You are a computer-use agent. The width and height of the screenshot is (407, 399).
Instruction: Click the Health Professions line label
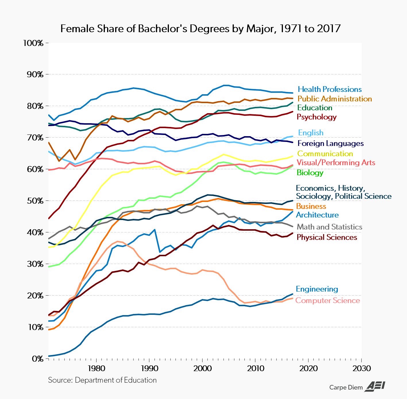click(329, 89)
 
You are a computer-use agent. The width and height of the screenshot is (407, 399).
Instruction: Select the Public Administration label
click(335, 99)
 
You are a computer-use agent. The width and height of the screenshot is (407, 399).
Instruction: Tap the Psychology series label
click(317, 117)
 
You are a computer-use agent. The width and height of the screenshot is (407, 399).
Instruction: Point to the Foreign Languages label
click(331, 143)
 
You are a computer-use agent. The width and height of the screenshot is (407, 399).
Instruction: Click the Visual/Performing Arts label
click(336, 163)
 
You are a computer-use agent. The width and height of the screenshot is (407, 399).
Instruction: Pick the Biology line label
click(310, 173)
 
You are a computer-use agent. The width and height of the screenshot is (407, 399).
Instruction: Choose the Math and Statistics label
click(329, 227)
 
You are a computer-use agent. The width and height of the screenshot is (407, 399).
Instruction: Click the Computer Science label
click(327, 300)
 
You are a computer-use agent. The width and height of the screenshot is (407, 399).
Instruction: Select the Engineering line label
click(317, 289)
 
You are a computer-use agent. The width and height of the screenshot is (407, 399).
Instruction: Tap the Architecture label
click(317, 215)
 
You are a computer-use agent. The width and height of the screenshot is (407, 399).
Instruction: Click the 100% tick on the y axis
click(33, 43)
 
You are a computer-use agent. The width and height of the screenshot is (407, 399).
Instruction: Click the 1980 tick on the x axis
click(96, 368)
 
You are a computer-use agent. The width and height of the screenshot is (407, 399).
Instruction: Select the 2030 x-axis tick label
click(361, 368)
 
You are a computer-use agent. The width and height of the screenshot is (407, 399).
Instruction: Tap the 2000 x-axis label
click(202, 368)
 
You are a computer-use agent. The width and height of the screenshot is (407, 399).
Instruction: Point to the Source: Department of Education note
click(102, 380)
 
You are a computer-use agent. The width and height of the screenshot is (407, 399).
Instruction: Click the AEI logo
click(375, 387)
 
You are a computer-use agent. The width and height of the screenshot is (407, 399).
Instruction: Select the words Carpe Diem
click(346, 388)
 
